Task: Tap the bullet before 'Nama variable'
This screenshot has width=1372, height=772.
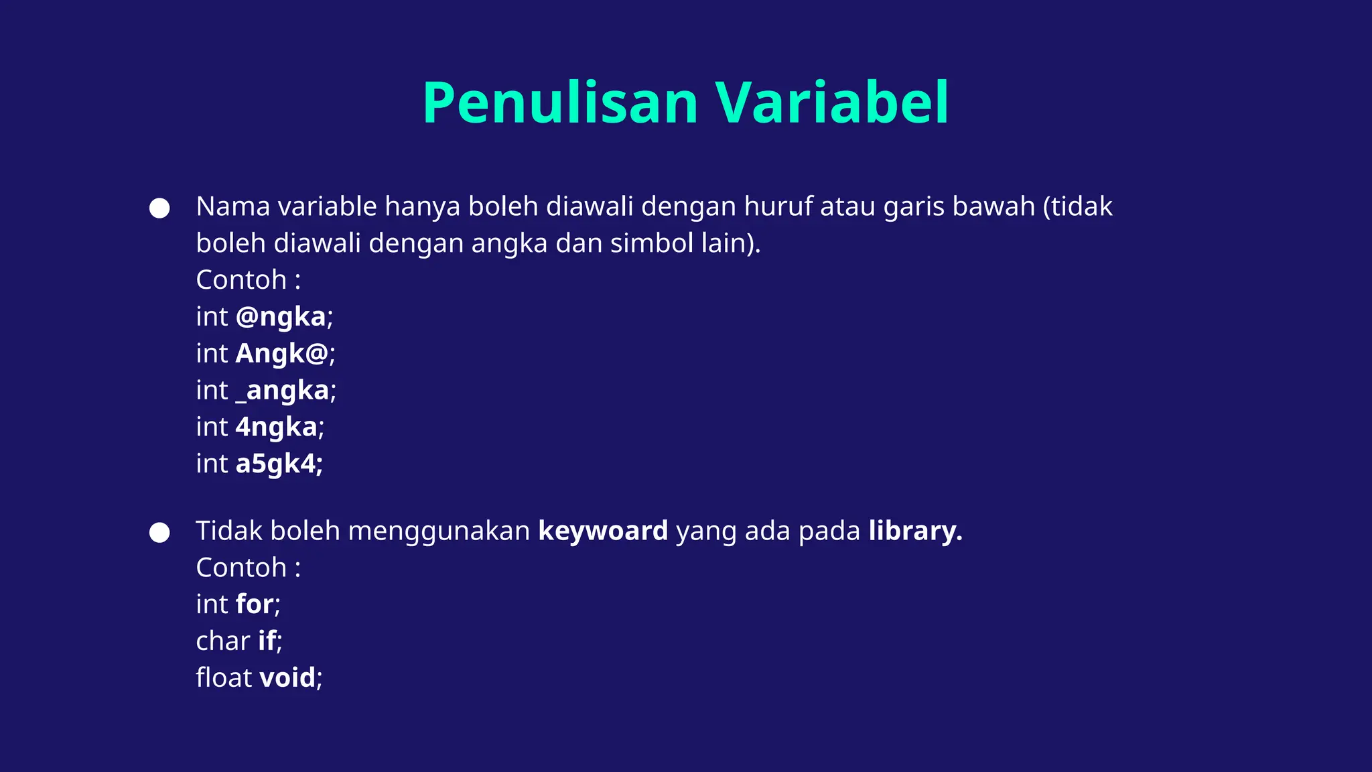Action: (159, 208)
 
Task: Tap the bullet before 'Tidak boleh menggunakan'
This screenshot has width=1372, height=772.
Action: (159, 533)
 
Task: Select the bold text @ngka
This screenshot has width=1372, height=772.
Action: (280, 317)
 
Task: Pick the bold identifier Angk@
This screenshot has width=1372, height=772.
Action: (281, 353)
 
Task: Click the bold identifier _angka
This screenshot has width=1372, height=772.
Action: (282, 391)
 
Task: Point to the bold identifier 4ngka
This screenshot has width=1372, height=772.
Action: (276, 427)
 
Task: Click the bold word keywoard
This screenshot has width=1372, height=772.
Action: (603, 531)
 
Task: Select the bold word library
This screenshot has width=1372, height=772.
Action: (914, 531)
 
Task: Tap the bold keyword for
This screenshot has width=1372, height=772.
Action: (254, 604)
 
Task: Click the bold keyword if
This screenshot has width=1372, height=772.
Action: (267, 641)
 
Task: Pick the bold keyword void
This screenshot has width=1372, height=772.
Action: (287, 678)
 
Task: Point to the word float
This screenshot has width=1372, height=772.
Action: (223, 678)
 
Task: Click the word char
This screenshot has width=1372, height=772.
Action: (222, 641)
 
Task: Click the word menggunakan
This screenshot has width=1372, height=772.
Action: (439, 531)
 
